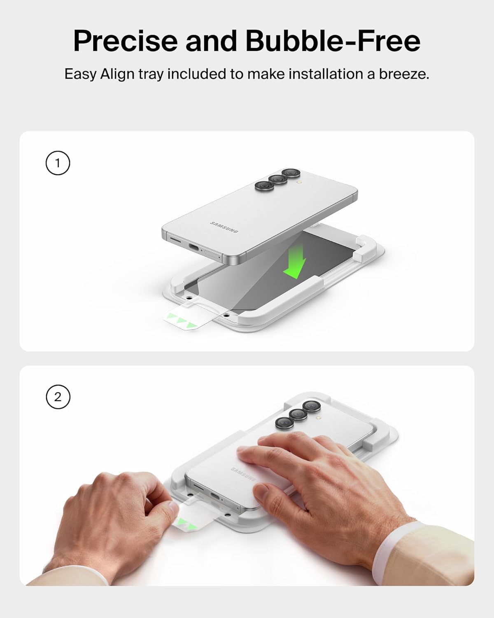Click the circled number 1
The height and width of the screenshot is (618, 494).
[x=58, y=163]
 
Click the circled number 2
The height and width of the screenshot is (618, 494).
[x=58, y=397]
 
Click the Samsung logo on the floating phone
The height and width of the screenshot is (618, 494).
[x=224, y=227]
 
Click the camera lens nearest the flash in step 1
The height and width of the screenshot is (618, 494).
[x=291, y=173]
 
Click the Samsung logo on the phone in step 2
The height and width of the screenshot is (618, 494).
[x=243, y=475]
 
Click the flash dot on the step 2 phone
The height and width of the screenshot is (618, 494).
[x=319, y=417]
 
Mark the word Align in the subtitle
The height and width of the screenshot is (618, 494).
[x=117, y=74]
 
